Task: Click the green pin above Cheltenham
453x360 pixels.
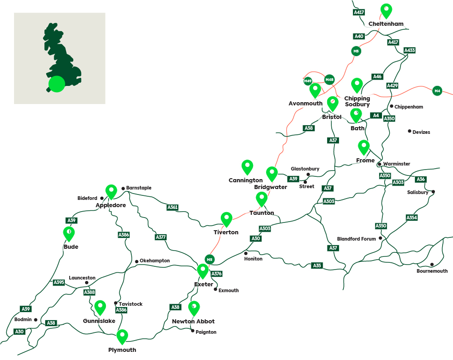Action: pos(386,10)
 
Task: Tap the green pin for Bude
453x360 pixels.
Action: pos(69,233)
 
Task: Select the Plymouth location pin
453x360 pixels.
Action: pos(122,336)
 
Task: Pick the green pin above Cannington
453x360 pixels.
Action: pos(247,166)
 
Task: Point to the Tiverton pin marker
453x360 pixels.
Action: pos(226,219)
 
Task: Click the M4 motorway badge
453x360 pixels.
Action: pos(437,91)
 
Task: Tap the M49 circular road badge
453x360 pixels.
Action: pos(308,81)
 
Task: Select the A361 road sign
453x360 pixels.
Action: pos(172,208)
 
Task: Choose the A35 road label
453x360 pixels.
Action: pos(317,265)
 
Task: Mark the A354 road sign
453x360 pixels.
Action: pos(411,218)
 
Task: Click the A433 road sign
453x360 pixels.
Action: pos(410,50)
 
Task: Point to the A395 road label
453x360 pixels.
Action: pos(59,282)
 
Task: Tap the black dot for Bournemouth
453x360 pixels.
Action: pos(432,265)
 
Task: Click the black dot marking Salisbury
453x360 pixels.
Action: pos(433,192)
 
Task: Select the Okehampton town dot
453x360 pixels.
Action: pos(137,261)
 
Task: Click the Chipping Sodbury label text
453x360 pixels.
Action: pos(357,101)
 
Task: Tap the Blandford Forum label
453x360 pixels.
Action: pos(356,239)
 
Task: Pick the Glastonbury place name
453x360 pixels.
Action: pos(305,169)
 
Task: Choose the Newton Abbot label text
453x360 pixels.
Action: pos(193,321)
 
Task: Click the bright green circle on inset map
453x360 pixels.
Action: pos(57,84)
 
